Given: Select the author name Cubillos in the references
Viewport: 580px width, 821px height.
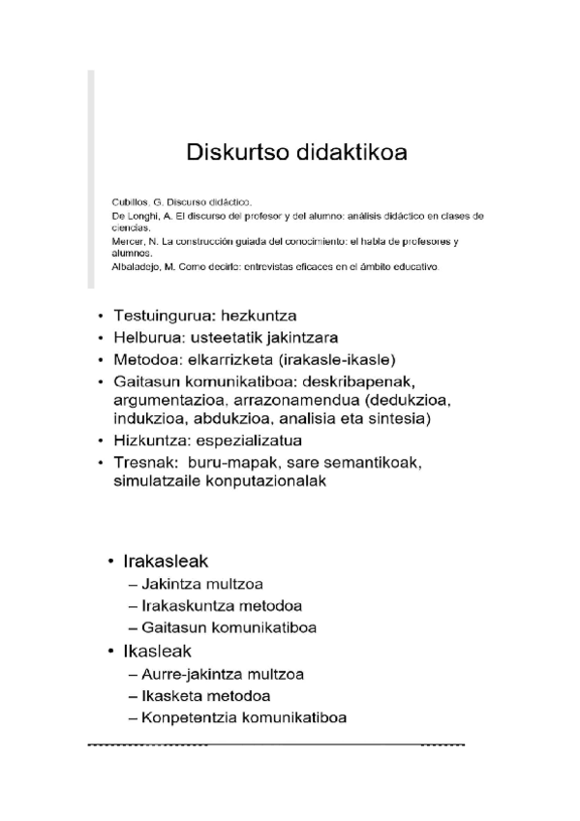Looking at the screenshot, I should coord(132,200).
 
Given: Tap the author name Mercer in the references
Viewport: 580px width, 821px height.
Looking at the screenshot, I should coord(129,239).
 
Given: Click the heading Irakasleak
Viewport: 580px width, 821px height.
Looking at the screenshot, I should coord(166,562).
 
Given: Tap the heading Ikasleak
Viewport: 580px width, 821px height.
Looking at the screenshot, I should coord(157,651).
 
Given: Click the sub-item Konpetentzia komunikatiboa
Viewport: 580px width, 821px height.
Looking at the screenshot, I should coord(244,717).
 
